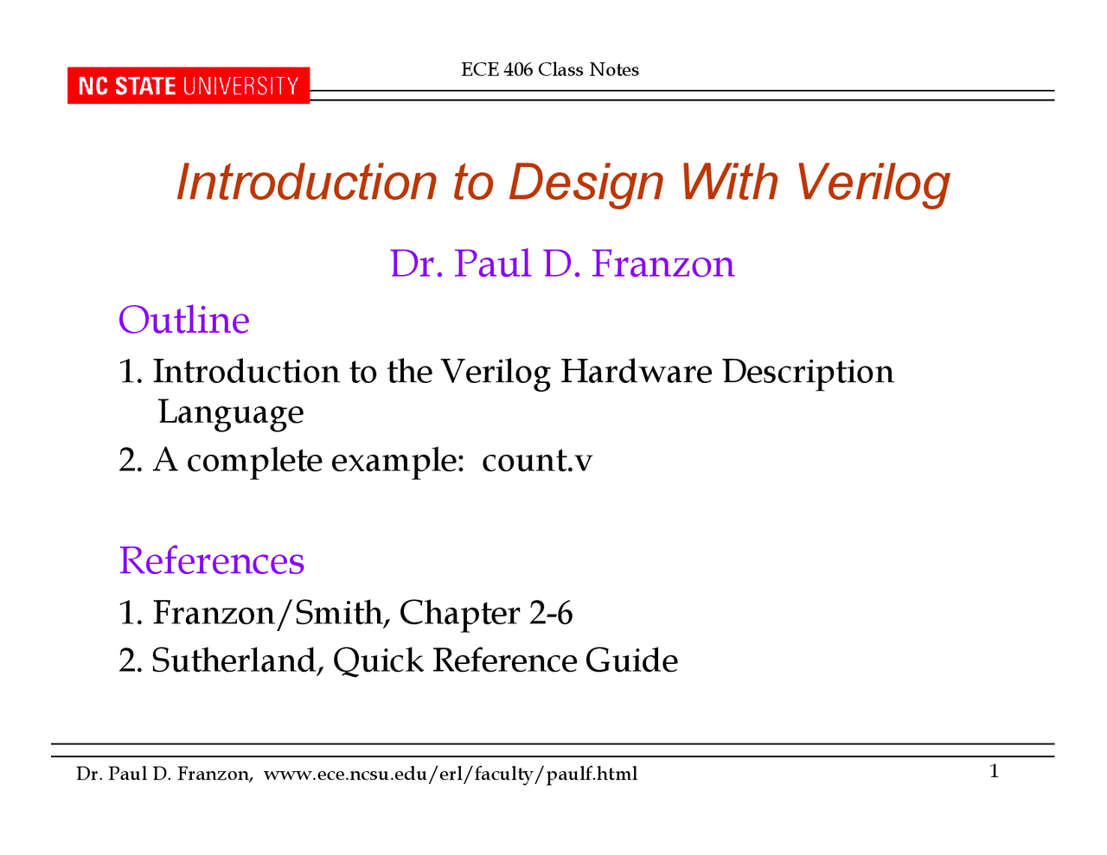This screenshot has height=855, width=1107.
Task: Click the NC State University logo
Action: (x=189, y=86)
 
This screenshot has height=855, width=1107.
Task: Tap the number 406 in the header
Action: (x=518, y=70)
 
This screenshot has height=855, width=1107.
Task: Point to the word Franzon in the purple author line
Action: (x=662, y=264)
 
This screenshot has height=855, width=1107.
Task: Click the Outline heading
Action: (x=184, y=320)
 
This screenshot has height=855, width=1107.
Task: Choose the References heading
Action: (x=211, y=560)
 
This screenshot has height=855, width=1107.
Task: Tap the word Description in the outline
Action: (x=808, y=373)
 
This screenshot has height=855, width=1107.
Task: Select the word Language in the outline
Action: (x=231, y=413)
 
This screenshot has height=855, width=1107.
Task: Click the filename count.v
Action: (x=537, y=461)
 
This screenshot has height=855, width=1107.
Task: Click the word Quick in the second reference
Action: (x=378, y=661)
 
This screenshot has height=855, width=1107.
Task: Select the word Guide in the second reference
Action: (x=631, y=660)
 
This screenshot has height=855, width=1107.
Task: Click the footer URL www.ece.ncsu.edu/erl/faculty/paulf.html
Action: (x=451, y=774)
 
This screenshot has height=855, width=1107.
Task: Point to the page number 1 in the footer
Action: (x=994, y=771)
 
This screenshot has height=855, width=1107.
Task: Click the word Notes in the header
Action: (x=614, y=70)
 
